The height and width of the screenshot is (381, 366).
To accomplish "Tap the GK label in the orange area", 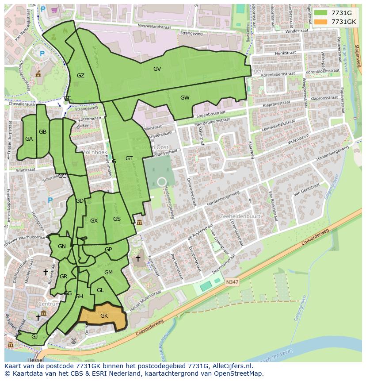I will tap(104, 316).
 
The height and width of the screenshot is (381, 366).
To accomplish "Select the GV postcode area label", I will tap(157, 69).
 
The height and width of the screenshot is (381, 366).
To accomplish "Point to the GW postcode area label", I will tap(185, 98).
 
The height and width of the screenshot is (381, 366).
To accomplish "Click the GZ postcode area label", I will tap(80, 76).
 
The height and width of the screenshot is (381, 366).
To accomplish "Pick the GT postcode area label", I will tap(129, 158).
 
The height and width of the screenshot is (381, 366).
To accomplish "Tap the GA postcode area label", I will tap(29, 139).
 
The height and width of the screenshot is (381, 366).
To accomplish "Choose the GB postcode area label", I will tap(42, 132).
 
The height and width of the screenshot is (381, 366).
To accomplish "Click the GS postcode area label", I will tap(117, 219).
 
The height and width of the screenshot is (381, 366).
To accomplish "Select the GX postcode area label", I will tap(94, 221).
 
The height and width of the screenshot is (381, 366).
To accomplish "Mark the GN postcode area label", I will tap(62, 246).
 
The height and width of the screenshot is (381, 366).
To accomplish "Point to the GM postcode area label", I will tap(108, 273).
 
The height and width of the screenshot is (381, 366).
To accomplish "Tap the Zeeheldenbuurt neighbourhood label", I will tap(240, 216).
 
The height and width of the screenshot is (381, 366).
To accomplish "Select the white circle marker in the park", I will tap(162, 181).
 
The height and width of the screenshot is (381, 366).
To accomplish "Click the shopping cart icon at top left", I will tap(54, 9).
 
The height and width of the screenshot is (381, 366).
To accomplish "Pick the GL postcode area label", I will tap(100, 290).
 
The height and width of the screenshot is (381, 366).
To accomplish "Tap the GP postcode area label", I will tap(108, 250).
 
